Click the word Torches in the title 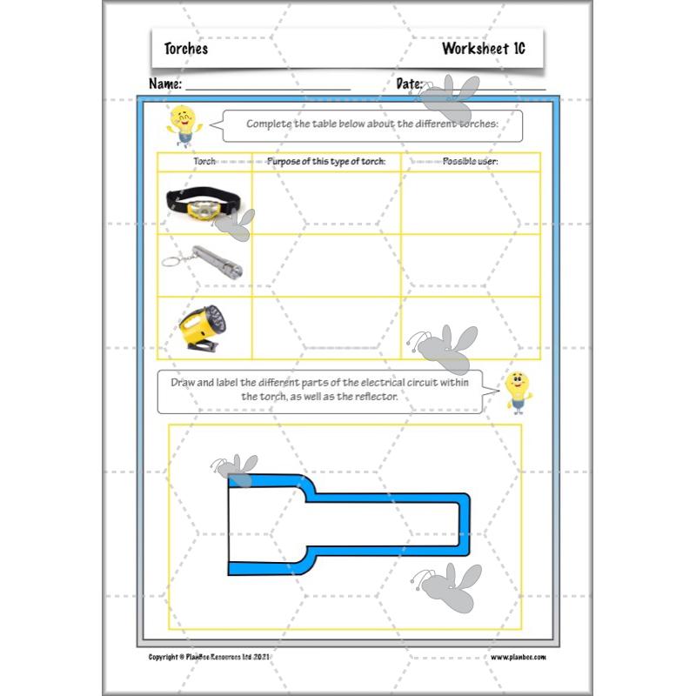coord(185,49)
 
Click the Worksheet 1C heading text coord(483,49)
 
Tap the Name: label coord(165,84)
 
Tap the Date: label coord(410,84)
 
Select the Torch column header coord(204,162)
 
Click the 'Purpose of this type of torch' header coord(326,162)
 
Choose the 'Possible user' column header coord(470,162)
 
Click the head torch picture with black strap coord(202,204)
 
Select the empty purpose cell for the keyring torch coord(326,265)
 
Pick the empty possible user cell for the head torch coord(470,204)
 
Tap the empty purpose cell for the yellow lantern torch coord(326,328)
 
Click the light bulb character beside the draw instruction coord(517,391)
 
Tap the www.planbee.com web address coord(519,657)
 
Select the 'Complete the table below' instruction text coord(372,124)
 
